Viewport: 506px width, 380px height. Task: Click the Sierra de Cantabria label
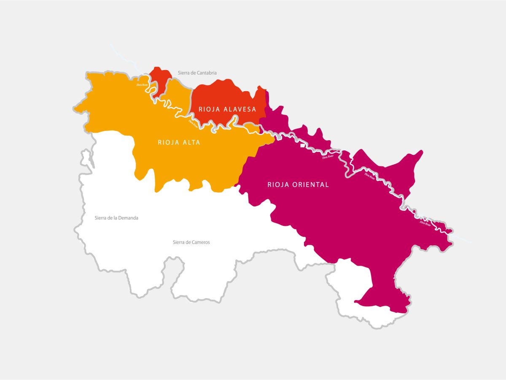pyautogui.click(x=197, y=73)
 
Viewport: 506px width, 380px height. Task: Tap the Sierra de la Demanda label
pyautogui.click(x=116, y=218)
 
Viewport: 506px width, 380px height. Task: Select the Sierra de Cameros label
pyautogui.click(x=191, y=242)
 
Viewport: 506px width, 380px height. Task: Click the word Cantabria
pyautogui.click(x=206, y=73)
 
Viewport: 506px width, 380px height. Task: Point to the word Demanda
pyautogui.click(x=128, y=218)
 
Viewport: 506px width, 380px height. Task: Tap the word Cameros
pyautogui.click(x=201, y=242)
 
